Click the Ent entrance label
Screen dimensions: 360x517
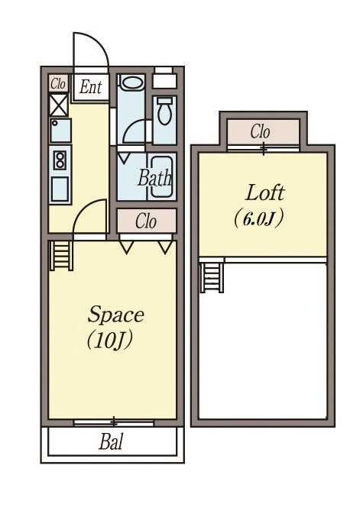coord(91,87)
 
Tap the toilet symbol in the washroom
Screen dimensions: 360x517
coord(164,111)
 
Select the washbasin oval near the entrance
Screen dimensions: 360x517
coord(131,82)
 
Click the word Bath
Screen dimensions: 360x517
coord(155,178)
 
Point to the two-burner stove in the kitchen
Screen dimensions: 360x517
coord(60,160)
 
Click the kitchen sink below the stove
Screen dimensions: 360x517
coord(60,189)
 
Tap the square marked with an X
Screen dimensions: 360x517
coord(59,105)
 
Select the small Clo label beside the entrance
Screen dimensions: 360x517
coord(58,84)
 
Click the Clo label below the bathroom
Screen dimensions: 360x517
coord(145,221)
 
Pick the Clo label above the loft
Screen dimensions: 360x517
coord(260,131)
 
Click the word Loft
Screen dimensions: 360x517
coord(264,193)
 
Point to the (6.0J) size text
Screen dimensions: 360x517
coord(258,219)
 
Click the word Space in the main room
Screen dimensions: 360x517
coord(116,314)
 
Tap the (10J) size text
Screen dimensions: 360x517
coord(110,341)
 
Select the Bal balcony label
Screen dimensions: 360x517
coord(111,442)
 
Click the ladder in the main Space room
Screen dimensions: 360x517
coord(61,256)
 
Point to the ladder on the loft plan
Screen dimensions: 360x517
coord(212,277)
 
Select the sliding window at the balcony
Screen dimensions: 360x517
coord(114,422)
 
